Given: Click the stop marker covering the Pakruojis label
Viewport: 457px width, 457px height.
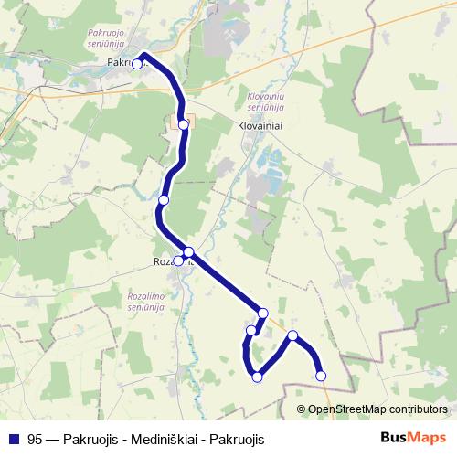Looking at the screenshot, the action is pyautogui.click(x=137, y=64).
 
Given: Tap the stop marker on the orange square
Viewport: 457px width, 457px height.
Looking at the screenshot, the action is pyautogui.click(x=184, y=124).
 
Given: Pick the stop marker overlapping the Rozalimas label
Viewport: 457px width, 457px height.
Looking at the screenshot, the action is pyautogui.click(x=178, y=261).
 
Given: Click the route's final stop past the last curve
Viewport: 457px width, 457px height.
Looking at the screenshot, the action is pyautogui.click(x=321, y=375).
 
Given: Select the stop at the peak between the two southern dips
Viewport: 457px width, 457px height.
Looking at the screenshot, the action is pyautogui.click(x=293, y=335).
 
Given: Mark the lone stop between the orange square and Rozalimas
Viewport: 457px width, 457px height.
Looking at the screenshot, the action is pyautogui.click(x=164, y=200).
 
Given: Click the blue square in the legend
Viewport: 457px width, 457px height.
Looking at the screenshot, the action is pyautogui.click(x=14, y=440).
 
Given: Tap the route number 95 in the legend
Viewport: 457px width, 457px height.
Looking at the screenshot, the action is pyautogui.click(x=35, y=440).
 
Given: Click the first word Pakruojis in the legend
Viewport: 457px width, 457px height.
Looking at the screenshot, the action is pyautogui.click(x=91, y=440).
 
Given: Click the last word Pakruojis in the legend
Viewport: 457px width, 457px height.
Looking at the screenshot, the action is pyautogui.click(x=237, y=440).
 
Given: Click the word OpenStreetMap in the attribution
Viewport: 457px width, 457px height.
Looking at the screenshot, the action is pyautogui.click(x=345, y=409).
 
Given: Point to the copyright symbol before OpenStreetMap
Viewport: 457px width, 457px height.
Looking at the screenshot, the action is pyautogui.click(x=302, y=409).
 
